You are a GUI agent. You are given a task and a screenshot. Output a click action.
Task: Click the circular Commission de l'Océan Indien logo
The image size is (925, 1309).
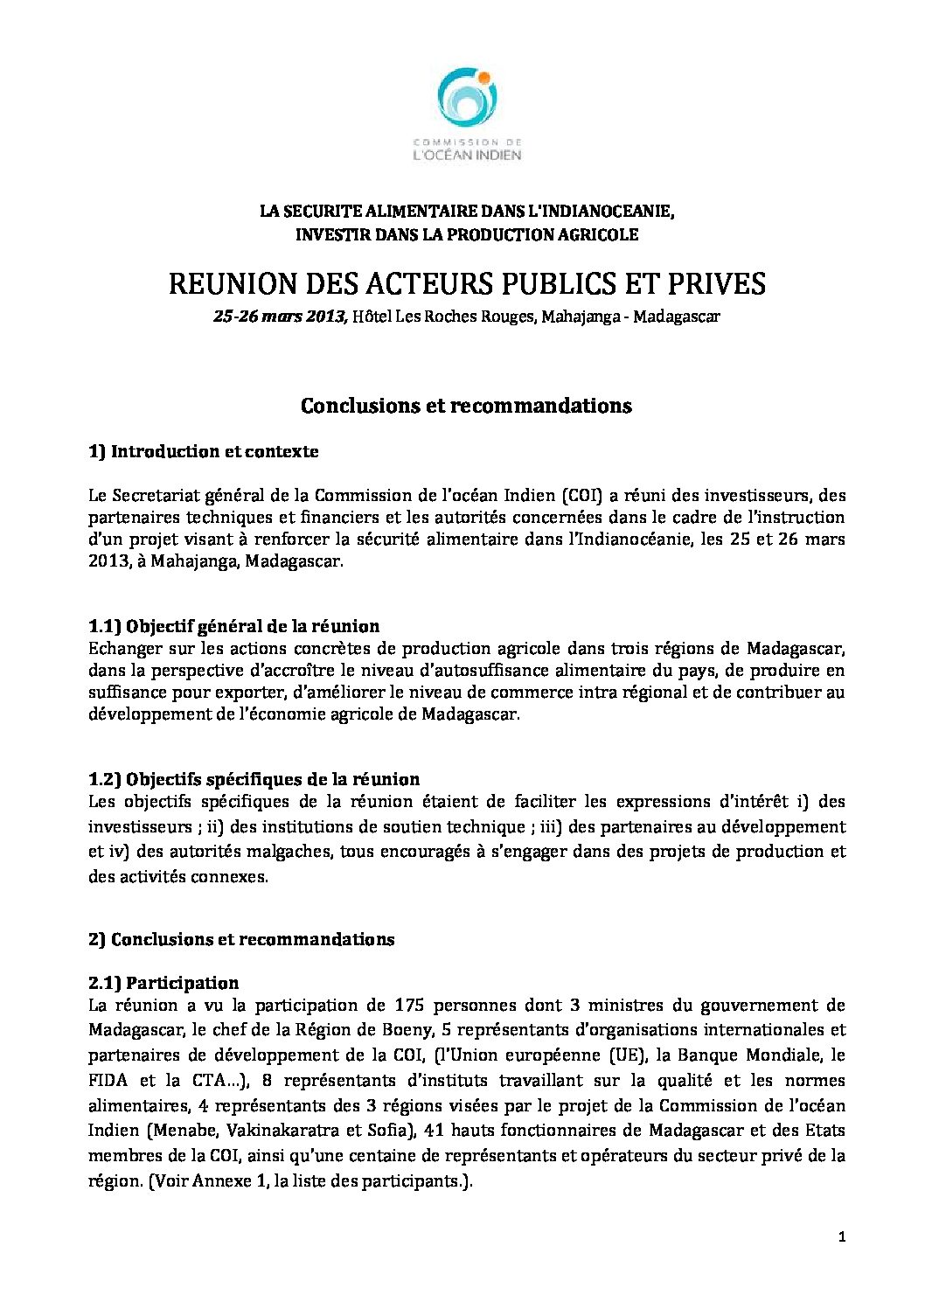[467, 101]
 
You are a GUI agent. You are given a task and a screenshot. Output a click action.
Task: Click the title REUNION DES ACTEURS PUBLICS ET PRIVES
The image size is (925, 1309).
[466, 283]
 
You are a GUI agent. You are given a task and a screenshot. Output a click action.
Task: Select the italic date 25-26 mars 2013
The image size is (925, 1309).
[281, 317]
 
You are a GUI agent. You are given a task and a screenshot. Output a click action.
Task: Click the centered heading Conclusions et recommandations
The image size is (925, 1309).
[466, 406]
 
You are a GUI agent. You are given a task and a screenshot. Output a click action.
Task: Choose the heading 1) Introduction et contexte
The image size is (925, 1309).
[204, 452]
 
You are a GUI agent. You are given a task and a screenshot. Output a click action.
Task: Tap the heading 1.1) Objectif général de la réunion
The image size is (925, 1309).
[234, 626]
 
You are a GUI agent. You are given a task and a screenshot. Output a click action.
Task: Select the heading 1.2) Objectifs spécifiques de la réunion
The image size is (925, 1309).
[254, 779]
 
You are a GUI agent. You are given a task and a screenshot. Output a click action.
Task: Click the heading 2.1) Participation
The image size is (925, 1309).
[163, 983]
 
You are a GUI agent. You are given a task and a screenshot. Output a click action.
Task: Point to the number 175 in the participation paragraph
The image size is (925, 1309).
[409, 1006]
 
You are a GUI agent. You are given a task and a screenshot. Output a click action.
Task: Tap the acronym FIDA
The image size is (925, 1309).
[108, 1081]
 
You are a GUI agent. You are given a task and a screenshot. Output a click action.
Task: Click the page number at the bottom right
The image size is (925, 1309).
[841, 1237]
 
